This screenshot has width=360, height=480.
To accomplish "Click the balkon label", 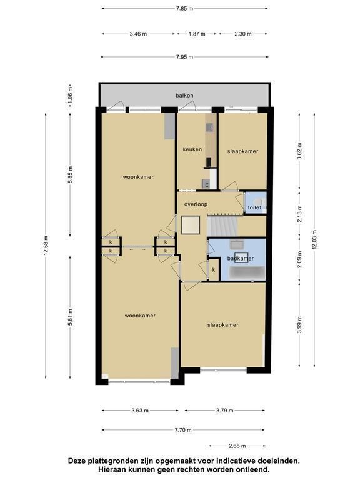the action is [x=184, y=96].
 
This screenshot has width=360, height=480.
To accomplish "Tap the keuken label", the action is [x=192, y=149].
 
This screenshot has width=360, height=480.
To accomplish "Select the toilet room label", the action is [x=254, y=207].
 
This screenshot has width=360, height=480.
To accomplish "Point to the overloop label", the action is [x=196, y=204].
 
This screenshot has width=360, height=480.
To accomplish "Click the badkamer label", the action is [x=240, y=259].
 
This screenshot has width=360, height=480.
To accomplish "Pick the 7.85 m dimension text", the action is [x=184, y=9].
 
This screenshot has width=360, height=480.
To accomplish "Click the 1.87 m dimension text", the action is [x=197, y=34].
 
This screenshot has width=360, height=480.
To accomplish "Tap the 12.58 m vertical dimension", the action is [x=46, y=246].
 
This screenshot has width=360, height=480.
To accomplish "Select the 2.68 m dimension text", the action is [x=237, y=446].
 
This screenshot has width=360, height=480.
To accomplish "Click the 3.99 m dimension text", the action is [x=300, y=325].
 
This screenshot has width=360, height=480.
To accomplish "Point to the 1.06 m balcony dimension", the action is [x=71, y=95].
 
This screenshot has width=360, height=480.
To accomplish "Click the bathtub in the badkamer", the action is [x=247, y=272].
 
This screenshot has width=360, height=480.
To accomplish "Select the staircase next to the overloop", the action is [x=222, y=226].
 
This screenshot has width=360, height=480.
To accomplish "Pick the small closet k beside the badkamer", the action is [x=214, y=270].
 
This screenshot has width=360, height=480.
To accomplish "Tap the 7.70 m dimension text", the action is [x=183, y=430].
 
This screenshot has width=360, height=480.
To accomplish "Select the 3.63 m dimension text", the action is [x=140, y=411].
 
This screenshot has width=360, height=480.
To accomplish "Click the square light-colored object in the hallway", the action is [x=191, y=225].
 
